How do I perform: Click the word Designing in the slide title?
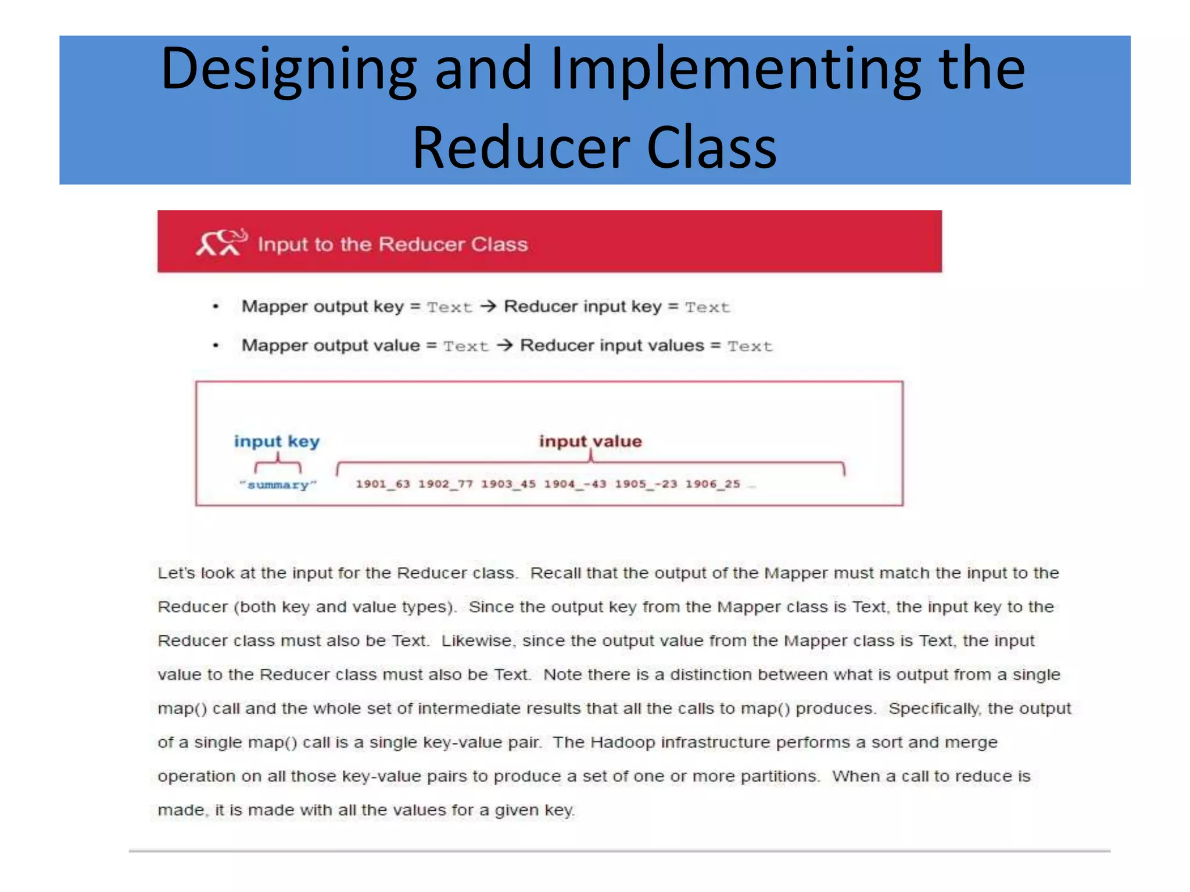(x=289, y=70)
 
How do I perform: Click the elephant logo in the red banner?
(x=221, y=242)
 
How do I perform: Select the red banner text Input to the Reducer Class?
(x=393, y=244)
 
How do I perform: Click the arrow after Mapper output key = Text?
(x=488, y=306)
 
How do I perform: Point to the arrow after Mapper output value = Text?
(x=504, y=345)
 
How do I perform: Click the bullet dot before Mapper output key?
(x=216, y=307)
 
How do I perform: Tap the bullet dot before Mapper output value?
(x=216, y=346)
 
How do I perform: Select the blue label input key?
(x=277, y=441)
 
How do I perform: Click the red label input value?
(x=590, y=441)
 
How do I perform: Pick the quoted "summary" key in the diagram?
(x=278, y=485)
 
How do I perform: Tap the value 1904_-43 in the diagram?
(x=575, y=484)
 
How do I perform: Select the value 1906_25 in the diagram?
(x=712, y=484)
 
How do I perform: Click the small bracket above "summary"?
(x=278, y=465)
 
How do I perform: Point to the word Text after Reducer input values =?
(x=750, y=346)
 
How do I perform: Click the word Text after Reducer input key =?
(x=707, y=307)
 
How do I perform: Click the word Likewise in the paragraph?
(x=476, y=641)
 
